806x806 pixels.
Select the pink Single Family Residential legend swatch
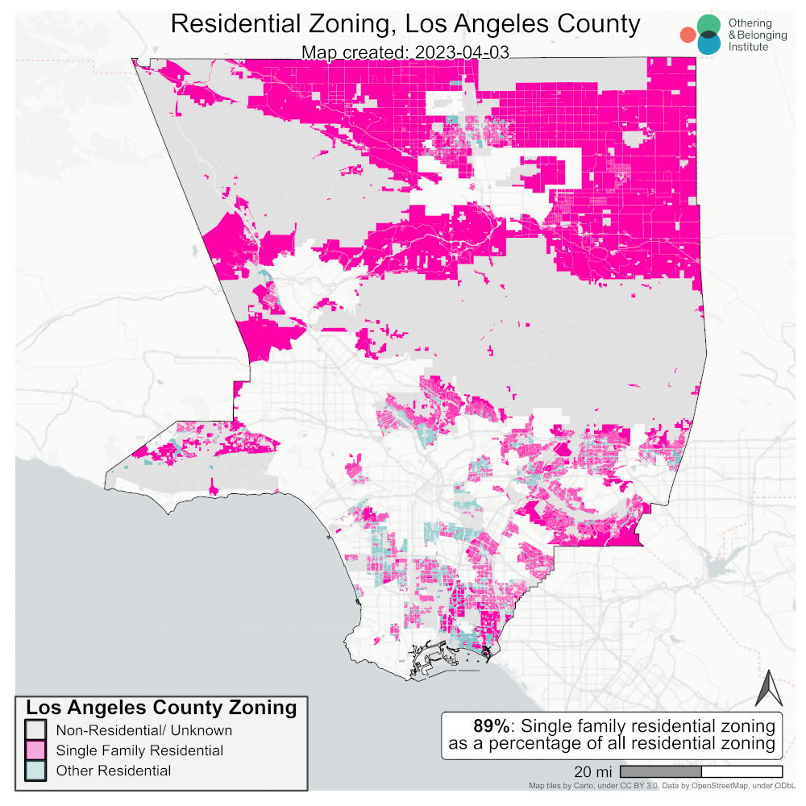tap(35, 750)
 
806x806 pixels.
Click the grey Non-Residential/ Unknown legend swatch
tap(35, 730)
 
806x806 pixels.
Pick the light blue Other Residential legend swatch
tap(35, 771)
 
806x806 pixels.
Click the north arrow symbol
tap(769, 688)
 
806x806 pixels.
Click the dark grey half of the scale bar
tap(660, 771)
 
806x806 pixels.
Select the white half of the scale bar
tap(742, 771)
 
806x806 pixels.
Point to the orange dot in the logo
tap(687, 35)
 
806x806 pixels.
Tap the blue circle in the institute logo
tap(709, 44)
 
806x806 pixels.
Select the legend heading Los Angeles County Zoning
tap(161, 708)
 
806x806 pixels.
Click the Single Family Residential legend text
tap(139, 750)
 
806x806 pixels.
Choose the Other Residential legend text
tap(113, 771)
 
